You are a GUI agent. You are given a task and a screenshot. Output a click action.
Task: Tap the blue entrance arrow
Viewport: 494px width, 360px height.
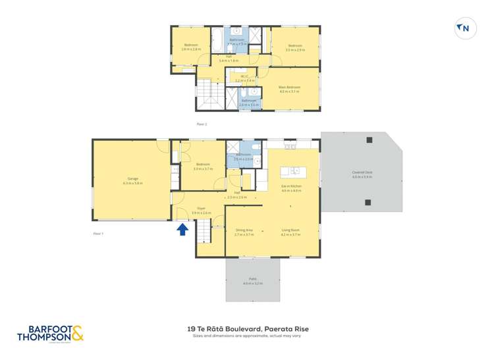182,228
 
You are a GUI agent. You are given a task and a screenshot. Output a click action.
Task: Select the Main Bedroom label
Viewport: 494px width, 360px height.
289,89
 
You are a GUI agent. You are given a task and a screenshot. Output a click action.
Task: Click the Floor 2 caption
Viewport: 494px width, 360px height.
202,124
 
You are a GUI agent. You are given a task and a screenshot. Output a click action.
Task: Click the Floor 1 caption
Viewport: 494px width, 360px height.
98,233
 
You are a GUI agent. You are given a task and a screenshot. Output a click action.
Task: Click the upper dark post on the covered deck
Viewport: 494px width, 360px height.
369,140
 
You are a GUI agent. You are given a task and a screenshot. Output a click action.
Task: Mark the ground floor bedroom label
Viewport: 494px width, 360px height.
202,166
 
